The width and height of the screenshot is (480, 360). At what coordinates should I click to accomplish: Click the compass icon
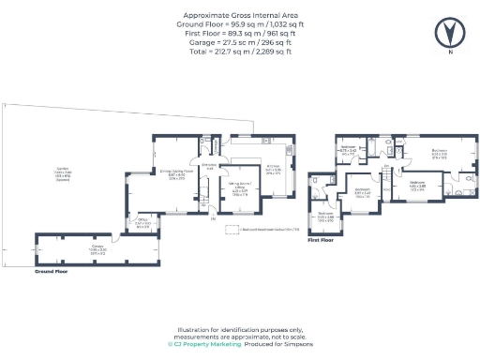click(450, 33)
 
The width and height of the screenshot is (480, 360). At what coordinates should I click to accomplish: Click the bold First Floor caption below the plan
click(321, 239)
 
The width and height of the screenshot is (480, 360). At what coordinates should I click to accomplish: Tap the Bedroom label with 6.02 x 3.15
click(439, 154)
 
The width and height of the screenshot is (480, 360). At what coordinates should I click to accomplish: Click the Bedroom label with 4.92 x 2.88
click(416, 184)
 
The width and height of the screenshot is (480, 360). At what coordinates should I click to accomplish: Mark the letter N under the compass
click(450, 52)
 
